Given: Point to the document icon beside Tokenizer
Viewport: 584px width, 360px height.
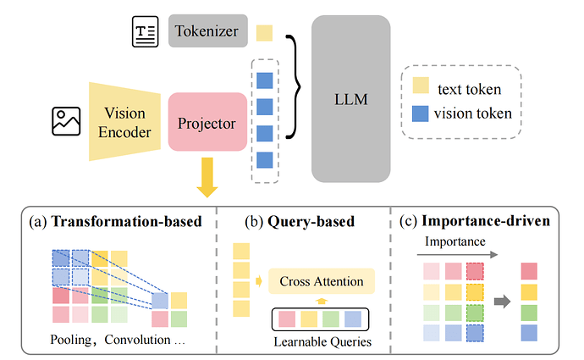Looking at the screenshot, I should point(144,33).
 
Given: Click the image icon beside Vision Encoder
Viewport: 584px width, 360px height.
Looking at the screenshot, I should point(66,120).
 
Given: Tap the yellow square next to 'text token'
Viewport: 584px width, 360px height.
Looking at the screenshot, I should point(421,87).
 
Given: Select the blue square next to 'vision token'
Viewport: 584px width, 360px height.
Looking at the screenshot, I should point(421,112).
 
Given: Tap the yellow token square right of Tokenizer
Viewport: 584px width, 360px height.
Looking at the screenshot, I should point(264,33).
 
